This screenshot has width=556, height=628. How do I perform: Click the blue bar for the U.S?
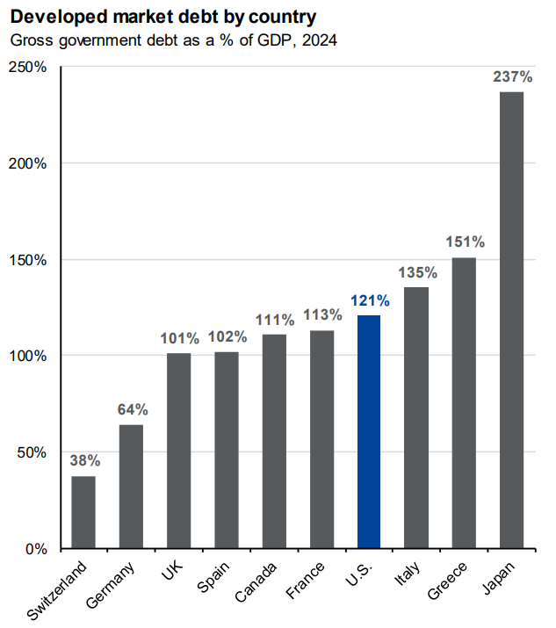[x=369, y=431]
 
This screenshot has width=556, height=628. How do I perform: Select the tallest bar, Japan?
[x=511, y=320]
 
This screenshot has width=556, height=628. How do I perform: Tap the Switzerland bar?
[x=83, y=512]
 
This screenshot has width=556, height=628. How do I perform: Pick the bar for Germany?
[x=131, y=487]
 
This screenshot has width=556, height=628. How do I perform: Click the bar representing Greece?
[x=464, y=403]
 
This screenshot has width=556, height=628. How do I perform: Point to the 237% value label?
[x=511, y=76]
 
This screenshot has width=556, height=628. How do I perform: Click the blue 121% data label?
[x=369, y=300]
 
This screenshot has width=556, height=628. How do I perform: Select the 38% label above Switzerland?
[x=84, y=460]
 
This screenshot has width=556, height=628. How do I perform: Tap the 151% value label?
[x=464, y=242]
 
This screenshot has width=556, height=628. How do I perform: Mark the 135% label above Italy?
[x=416, y=272]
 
